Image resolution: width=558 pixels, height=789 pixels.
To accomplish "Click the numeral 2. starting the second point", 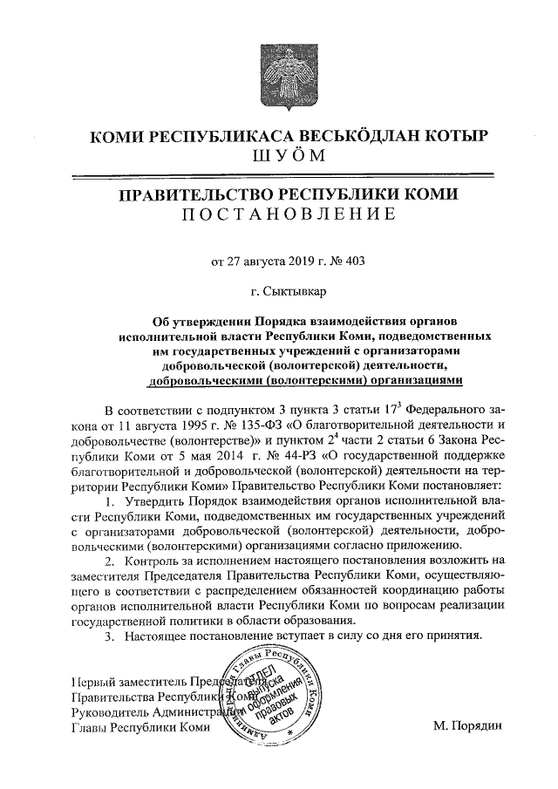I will point(109,562).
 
